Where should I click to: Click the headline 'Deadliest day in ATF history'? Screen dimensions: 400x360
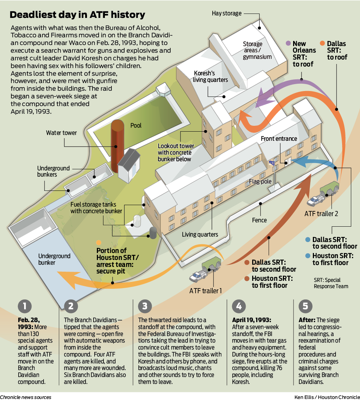[x=77, y=15]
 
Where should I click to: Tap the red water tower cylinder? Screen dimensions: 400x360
[x=118, y=146]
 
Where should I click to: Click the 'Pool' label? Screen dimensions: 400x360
[x=136, y=125]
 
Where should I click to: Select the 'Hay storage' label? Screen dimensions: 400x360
[x=227, y=14]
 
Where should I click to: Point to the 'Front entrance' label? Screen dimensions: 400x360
[x=278, y=139]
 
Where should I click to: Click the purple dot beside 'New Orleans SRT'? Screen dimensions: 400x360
[x=288, y=43]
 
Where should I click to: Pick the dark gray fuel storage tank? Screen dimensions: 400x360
[x=153, y=233]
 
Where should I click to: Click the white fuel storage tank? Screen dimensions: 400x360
[x=137, y=221]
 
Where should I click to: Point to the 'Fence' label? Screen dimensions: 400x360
[x=259, y=220]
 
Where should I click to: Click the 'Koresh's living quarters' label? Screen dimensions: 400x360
[x=211, y=76]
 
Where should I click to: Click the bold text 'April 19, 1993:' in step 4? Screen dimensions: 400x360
[x=251, y=320]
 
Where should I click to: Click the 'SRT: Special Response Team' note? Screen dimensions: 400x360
[x=331, y=283]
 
